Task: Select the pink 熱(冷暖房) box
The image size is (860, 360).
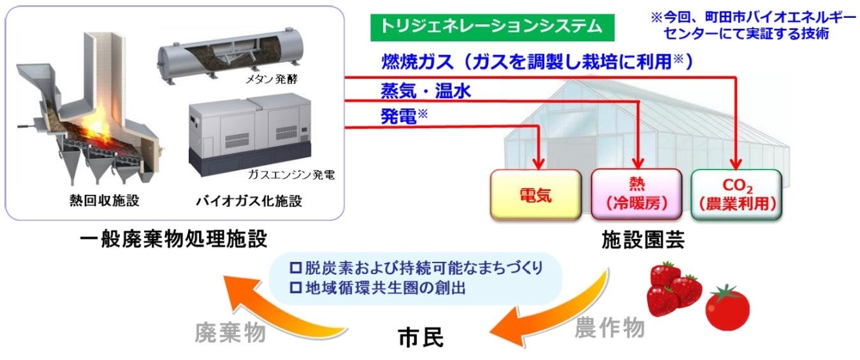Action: [x=636, y=194]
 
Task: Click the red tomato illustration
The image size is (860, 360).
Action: [x=727, y=308]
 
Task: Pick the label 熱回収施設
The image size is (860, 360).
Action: [x=104, y=202]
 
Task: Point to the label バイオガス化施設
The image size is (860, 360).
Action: [x=249, y=202]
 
